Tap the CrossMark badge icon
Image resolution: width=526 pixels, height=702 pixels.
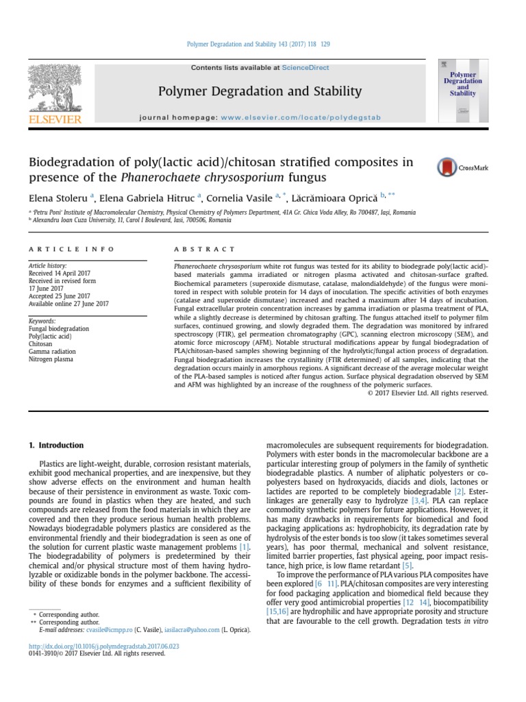pos(458,167)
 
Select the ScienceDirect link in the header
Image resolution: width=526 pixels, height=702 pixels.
pos(305,68)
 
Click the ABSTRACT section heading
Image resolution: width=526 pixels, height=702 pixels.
pos(205,249)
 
